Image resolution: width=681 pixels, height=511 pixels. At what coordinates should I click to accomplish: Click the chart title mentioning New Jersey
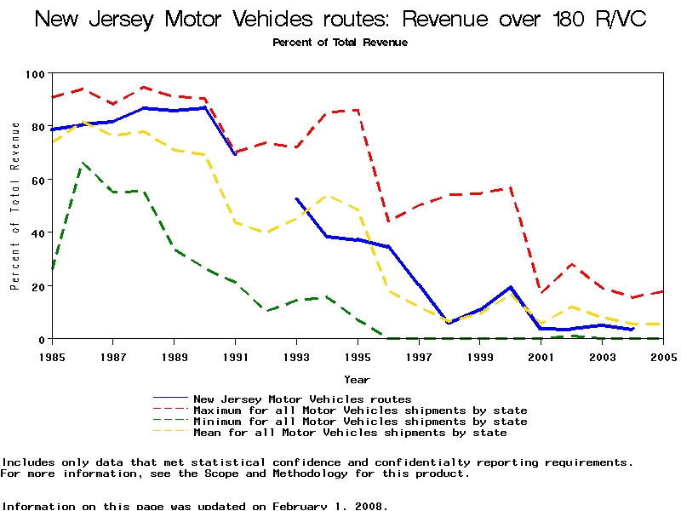[340, 19]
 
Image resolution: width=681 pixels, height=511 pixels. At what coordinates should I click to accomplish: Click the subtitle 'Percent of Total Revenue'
[340, 43]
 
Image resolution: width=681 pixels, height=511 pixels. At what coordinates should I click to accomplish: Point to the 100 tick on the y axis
[36, 74]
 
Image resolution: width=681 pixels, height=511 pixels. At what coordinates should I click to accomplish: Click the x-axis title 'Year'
[357, 379]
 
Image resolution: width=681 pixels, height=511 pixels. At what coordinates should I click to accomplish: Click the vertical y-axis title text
[15, 206]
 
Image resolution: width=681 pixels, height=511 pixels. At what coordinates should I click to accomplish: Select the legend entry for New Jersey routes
[302, 399]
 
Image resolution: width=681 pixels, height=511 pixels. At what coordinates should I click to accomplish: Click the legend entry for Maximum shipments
[360, 411]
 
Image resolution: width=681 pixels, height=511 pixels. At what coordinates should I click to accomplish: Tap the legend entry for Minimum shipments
[360, 422]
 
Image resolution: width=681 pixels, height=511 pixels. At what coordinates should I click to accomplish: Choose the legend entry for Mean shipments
[350, 433]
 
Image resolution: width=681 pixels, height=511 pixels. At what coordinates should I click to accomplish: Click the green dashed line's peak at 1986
[83, 162]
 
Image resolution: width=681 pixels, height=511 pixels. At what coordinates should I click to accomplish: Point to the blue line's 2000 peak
[510, 287]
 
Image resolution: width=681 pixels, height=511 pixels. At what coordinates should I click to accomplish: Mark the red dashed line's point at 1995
[357, 110]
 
